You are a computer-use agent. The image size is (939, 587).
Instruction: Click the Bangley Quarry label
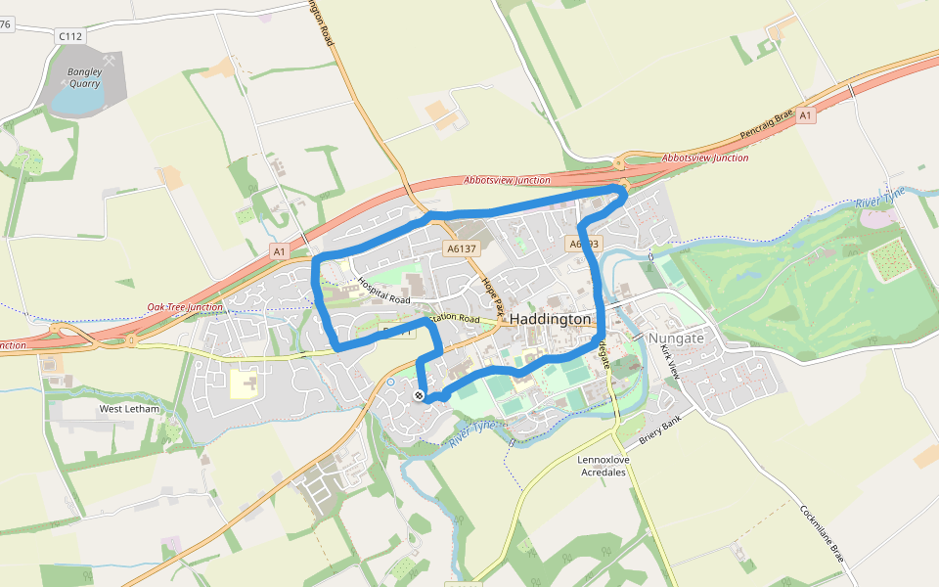84,77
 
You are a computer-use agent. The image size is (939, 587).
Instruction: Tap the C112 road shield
70,36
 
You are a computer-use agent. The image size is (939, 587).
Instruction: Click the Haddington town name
551,320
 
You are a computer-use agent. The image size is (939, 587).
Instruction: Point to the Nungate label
676,338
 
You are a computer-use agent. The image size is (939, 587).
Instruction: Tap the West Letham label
128,408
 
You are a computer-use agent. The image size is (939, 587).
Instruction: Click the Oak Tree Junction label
185,307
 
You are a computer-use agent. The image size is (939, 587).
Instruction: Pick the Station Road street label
455,318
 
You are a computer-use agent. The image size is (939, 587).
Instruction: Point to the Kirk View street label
670,362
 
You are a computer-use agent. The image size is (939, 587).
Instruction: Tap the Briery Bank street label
658,432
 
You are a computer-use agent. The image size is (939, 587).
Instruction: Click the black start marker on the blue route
419,395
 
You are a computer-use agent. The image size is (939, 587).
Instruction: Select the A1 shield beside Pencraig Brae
805,115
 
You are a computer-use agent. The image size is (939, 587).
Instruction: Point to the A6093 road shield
582,243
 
